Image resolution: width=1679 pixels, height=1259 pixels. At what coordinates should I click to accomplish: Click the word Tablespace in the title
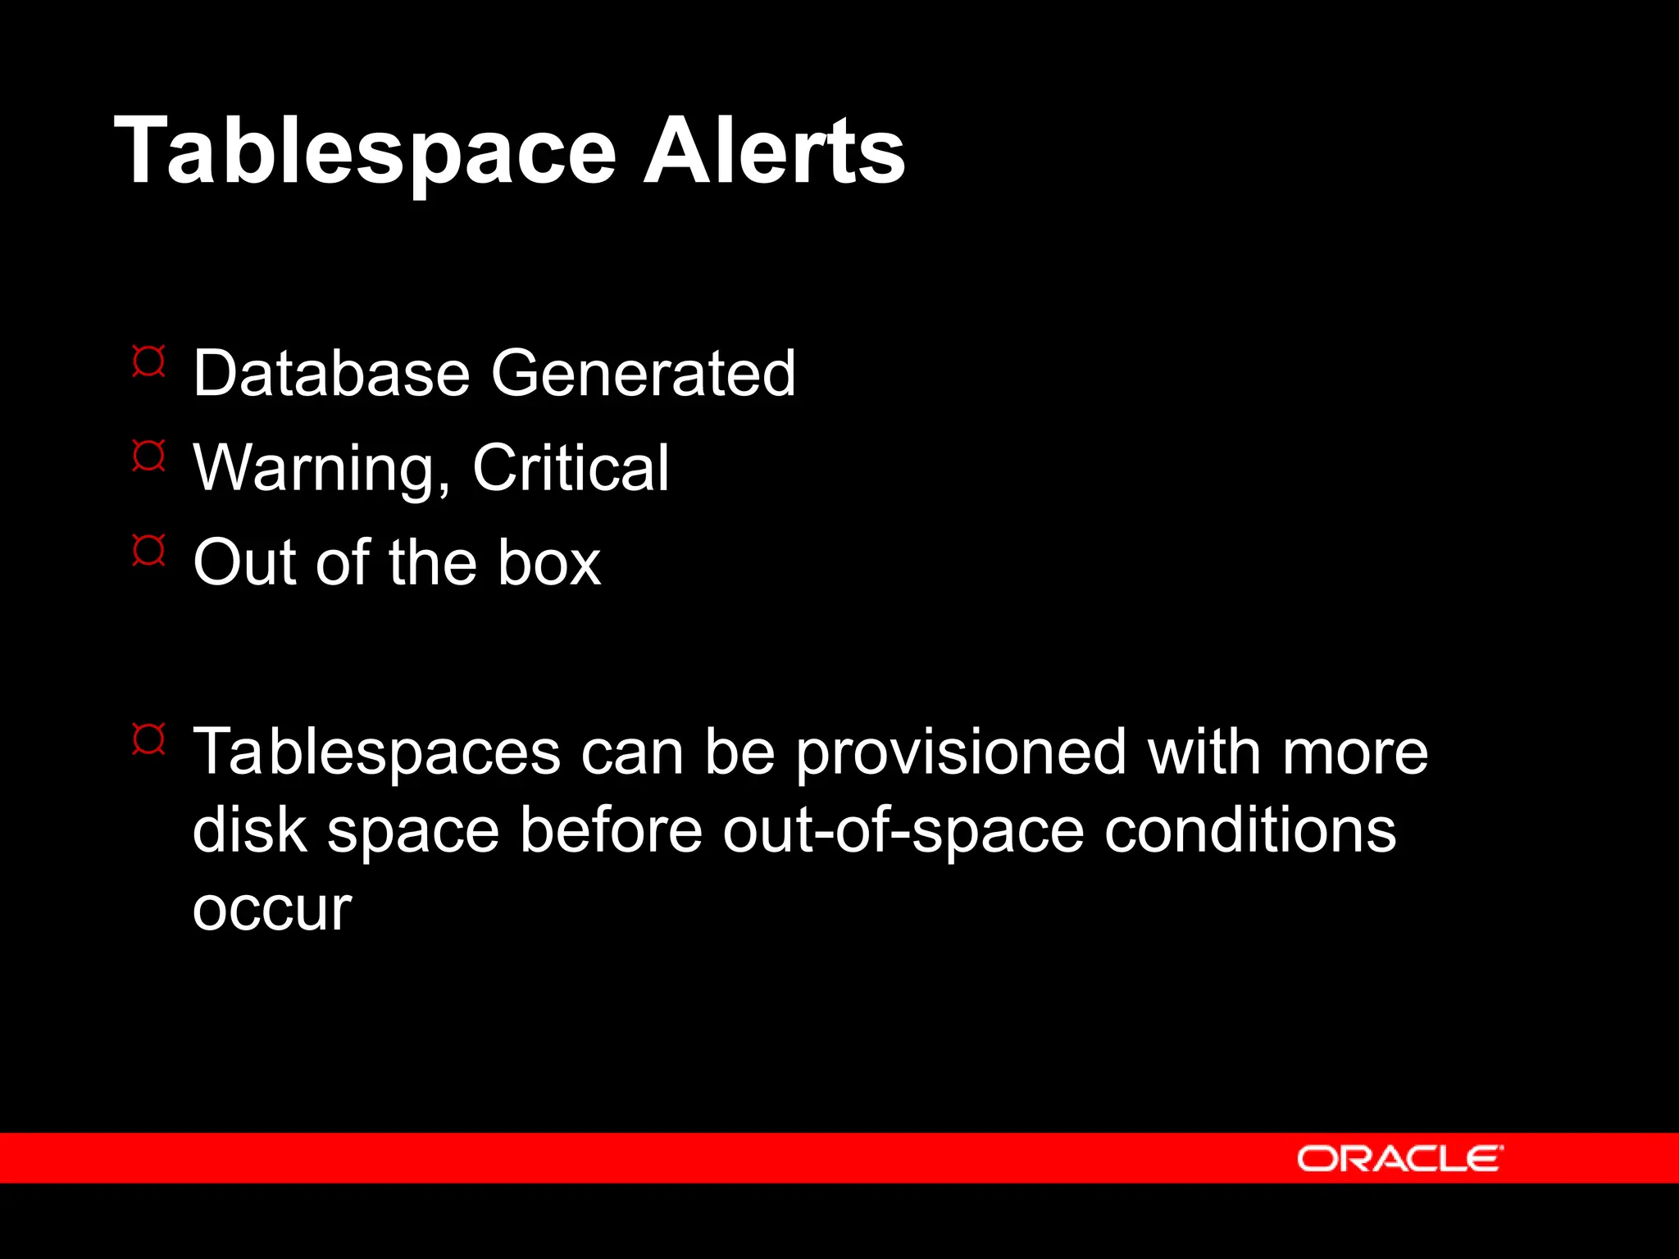click(x=365, y=152)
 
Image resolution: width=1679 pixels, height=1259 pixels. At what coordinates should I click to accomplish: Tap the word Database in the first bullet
click(x=331, y=373)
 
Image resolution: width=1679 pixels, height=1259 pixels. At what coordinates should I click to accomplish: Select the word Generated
click(x=643, y=373)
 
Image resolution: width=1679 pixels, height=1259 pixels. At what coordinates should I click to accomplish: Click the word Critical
click(x=571, y=468)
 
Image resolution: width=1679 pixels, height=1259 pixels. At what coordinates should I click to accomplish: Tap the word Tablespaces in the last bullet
click(x=376, y=752)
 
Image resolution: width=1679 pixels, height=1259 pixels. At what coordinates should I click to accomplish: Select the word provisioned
click(x=961, y=752)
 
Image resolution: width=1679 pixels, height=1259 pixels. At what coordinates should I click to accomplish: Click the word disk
click(x=249, y=829)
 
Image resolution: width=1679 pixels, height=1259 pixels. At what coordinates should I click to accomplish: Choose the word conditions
click(x=1249, y=829)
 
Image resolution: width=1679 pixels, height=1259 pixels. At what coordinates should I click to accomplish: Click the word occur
click(x=272, y=909)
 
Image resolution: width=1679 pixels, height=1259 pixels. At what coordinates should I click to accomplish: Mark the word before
click(x=611, y=829)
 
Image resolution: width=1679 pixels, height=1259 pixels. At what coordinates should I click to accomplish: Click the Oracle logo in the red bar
click(x=1399, y=1158)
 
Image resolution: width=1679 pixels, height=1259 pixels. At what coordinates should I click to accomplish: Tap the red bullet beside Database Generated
click(x=148, y=361)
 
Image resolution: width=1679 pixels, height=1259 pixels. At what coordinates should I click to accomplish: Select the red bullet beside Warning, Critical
click(x=148, y=456)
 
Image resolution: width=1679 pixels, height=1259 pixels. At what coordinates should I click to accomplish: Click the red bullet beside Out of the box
click(x=148, y=550)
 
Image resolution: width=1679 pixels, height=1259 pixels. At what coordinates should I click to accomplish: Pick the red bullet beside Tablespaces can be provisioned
click(x=148, y=739)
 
